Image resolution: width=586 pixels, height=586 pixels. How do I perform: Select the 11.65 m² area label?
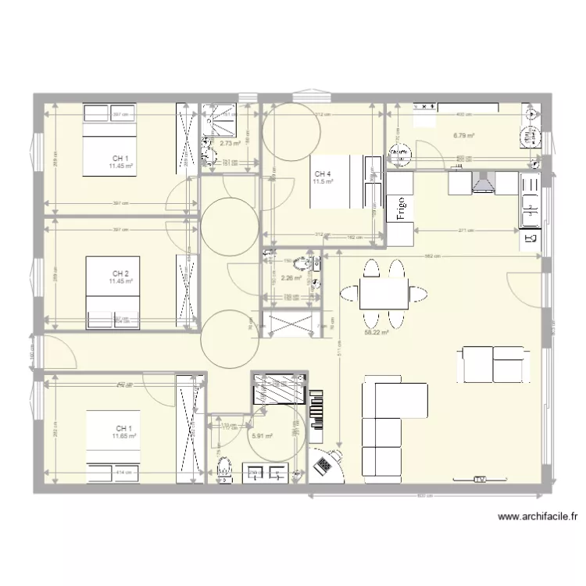coord(123,437)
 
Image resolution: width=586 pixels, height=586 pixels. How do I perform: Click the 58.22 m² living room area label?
coord(377,331)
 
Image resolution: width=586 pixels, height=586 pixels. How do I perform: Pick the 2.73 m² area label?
coord(230,143)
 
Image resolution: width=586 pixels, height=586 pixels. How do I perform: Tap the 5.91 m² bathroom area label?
coord(261,437)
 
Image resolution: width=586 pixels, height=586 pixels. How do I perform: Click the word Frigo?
coord(401,210)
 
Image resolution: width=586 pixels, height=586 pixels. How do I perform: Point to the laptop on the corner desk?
coord(323,466)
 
